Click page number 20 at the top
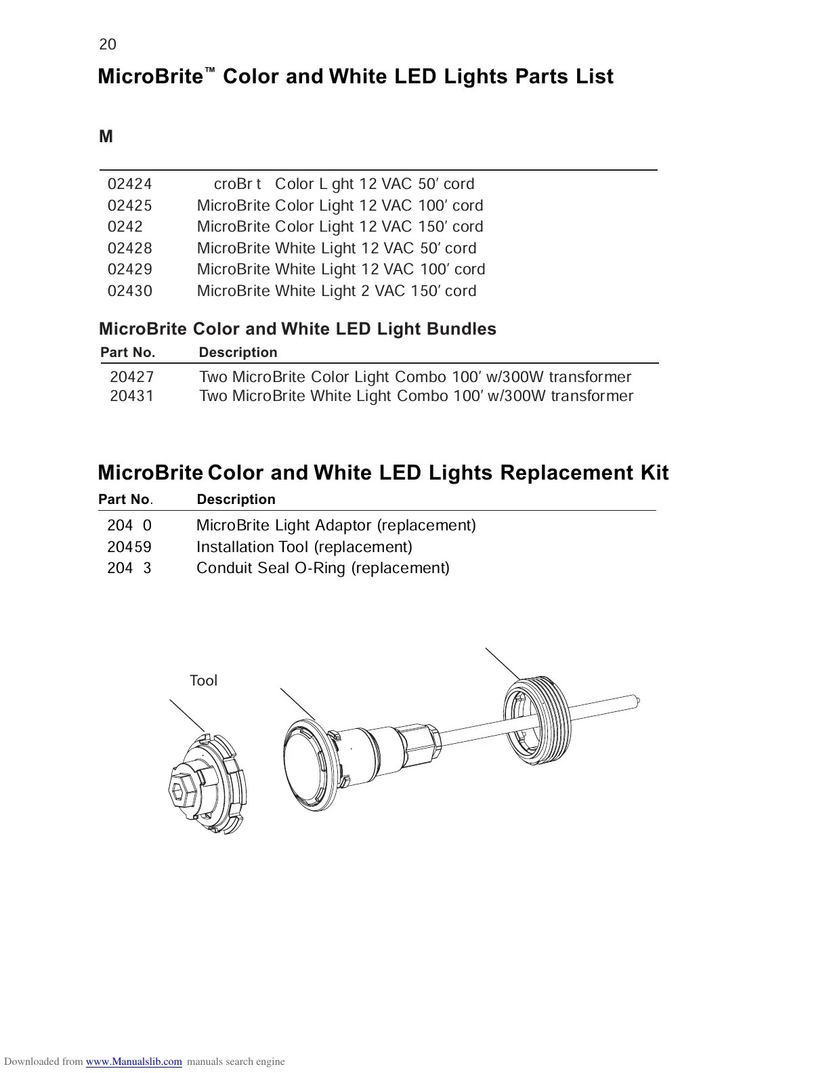click(x=108, y=45)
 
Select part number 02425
click(x=130, y=205)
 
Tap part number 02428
click(x=130, y=248)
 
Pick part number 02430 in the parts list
click(x=130, y=291)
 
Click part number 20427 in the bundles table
click(x=132, y=377)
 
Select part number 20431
click(x=132, y=396)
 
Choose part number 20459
click(x=129, y=547)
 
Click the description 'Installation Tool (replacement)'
click(x=304, y=547)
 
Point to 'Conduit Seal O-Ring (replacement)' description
click(x=322, y=568)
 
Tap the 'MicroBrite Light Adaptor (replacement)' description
click(x=336, y=525)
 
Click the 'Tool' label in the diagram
click(x=203, y=681)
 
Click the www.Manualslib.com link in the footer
click(x=134, y=1061)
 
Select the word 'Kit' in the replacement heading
click(x=654, y=472)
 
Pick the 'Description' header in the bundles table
click(x=238, y=352)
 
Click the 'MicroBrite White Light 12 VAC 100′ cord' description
click(x=341, y=269)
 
